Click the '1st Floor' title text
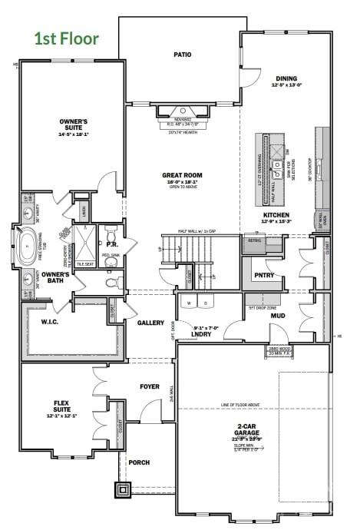66,38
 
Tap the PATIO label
182,55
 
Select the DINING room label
286,78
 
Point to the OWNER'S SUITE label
74,124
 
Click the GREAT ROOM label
180,175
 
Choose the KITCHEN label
276,215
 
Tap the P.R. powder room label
111,244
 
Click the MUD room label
277,316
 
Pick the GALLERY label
151,323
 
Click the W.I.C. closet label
51,323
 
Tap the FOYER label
149,386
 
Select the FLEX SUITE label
61,406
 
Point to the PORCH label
139,462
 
